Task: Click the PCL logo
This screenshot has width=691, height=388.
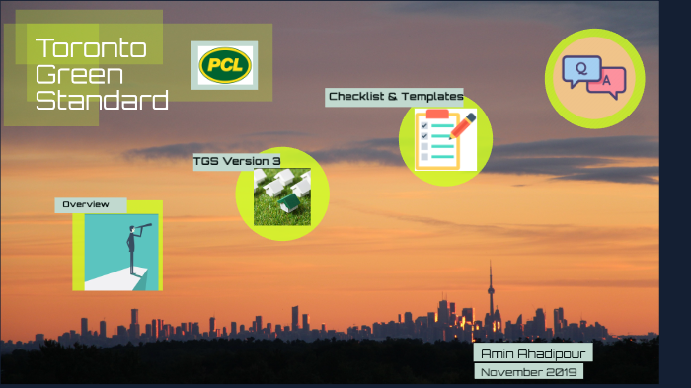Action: click(224, 66)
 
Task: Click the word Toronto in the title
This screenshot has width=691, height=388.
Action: click(91, 48)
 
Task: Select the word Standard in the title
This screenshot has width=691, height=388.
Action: click(102, 100)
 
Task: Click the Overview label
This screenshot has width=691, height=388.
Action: click(86, 204)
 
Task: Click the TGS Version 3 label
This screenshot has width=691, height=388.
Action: click(237, 161)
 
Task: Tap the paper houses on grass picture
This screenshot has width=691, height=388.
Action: click(282, 194)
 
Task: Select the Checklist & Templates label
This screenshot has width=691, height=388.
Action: click(395, 96)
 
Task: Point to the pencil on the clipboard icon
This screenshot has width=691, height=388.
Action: click(462, 121)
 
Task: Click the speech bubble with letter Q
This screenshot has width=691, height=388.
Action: click(580, 69)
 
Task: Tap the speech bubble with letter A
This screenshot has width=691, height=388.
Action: click(606, 82)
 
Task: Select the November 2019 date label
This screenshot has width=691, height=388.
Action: click(529, 372)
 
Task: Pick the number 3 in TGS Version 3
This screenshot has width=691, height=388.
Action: click(277, 161)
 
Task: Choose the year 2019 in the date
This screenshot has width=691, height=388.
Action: click(560, 372)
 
